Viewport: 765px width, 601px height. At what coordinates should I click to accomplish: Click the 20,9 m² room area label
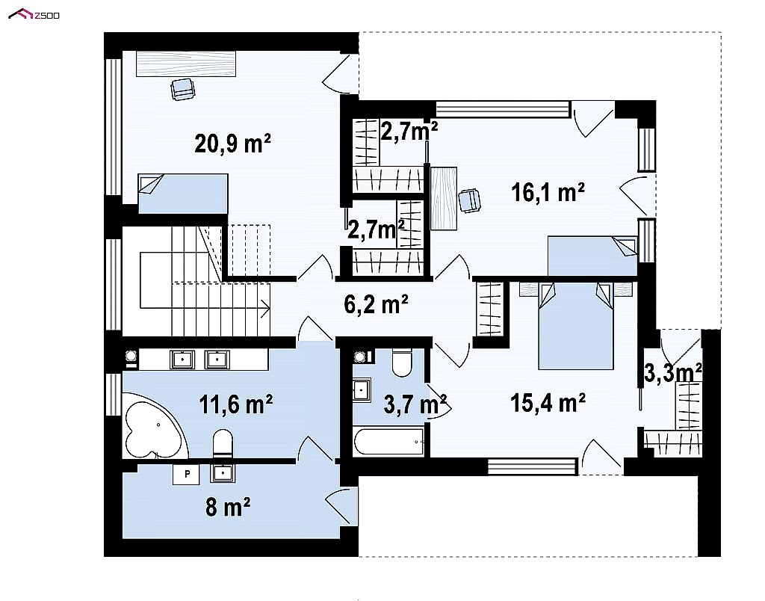[x=232, y=144]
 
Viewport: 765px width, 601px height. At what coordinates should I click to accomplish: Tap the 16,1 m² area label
[x=548, y=192]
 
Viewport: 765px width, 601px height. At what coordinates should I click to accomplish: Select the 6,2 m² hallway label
[x=376, y=305]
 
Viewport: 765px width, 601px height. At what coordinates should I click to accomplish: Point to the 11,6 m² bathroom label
[x=235, y=404]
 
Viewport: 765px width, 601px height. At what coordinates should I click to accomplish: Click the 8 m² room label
[x=228, y=507]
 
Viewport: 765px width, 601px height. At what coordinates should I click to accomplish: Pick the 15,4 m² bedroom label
[x=548, y=403]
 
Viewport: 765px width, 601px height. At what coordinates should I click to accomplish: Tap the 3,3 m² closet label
[x=673, y=373]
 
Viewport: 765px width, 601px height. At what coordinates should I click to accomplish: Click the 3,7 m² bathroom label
[x=415, y=404]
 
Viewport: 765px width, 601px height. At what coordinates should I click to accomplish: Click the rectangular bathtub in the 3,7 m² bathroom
[x=390, y=442]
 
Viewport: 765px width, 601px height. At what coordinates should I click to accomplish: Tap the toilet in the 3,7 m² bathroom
[x=402, y=363]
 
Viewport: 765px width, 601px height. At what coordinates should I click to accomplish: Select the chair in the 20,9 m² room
[x=183, y=89]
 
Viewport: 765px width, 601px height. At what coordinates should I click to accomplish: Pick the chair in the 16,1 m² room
[x=469, y=200]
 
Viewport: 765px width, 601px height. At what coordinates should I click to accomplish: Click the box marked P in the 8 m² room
[x=186, y=474]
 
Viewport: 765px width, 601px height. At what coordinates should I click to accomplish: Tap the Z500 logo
[x=34, y=15]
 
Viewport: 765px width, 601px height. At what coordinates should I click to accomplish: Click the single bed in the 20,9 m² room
[x=183, y=194]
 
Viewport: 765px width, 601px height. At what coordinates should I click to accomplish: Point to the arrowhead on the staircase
[x=267, y=308]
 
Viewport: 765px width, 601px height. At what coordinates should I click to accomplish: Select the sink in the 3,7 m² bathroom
[x=362, y=389]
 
